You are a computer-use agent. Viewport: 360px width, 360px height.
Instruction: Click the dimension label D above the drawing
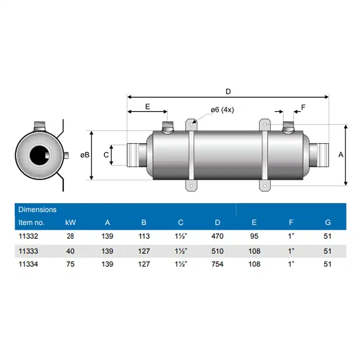tap(228, 91)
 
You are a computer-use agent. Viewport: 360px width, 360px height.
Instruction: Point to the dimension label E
tap(147, 106)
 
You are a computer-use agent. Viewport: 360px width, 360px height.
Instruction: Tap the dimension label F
tap(303, 107)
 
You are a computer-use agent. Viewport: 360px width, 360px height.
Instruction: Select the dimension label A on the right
tap(341, 154)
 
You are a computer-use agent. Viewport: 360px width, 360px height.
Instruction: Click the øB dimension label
tap(85, 155)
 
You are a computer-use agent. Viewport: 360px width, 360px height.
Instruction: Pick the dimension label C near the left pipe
tap(106, 155)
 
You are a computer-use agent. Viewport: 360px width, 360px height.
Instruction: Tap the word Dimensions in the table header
tap(37, 209)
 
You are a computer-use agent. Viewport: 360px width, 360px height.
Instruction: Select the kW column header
tap(70, 222)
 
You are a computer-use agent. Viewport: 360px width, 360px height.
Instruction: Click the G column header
tap(328, 222)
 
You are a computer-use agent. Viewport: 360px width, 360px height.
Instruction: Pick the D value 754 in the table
tap(218, 264)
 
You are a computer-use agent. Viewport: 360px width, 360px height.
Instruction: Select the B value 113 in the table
tap(144, 236)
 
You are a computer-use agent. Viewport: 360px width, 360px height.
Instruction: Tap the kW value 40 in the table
tap(70, 250)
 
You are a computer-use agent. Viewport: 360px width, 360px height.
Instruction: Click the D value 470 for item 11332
tap(218, 236)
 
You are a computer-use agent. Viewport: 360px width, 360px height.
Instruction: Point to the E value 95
tap(254, 236)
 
